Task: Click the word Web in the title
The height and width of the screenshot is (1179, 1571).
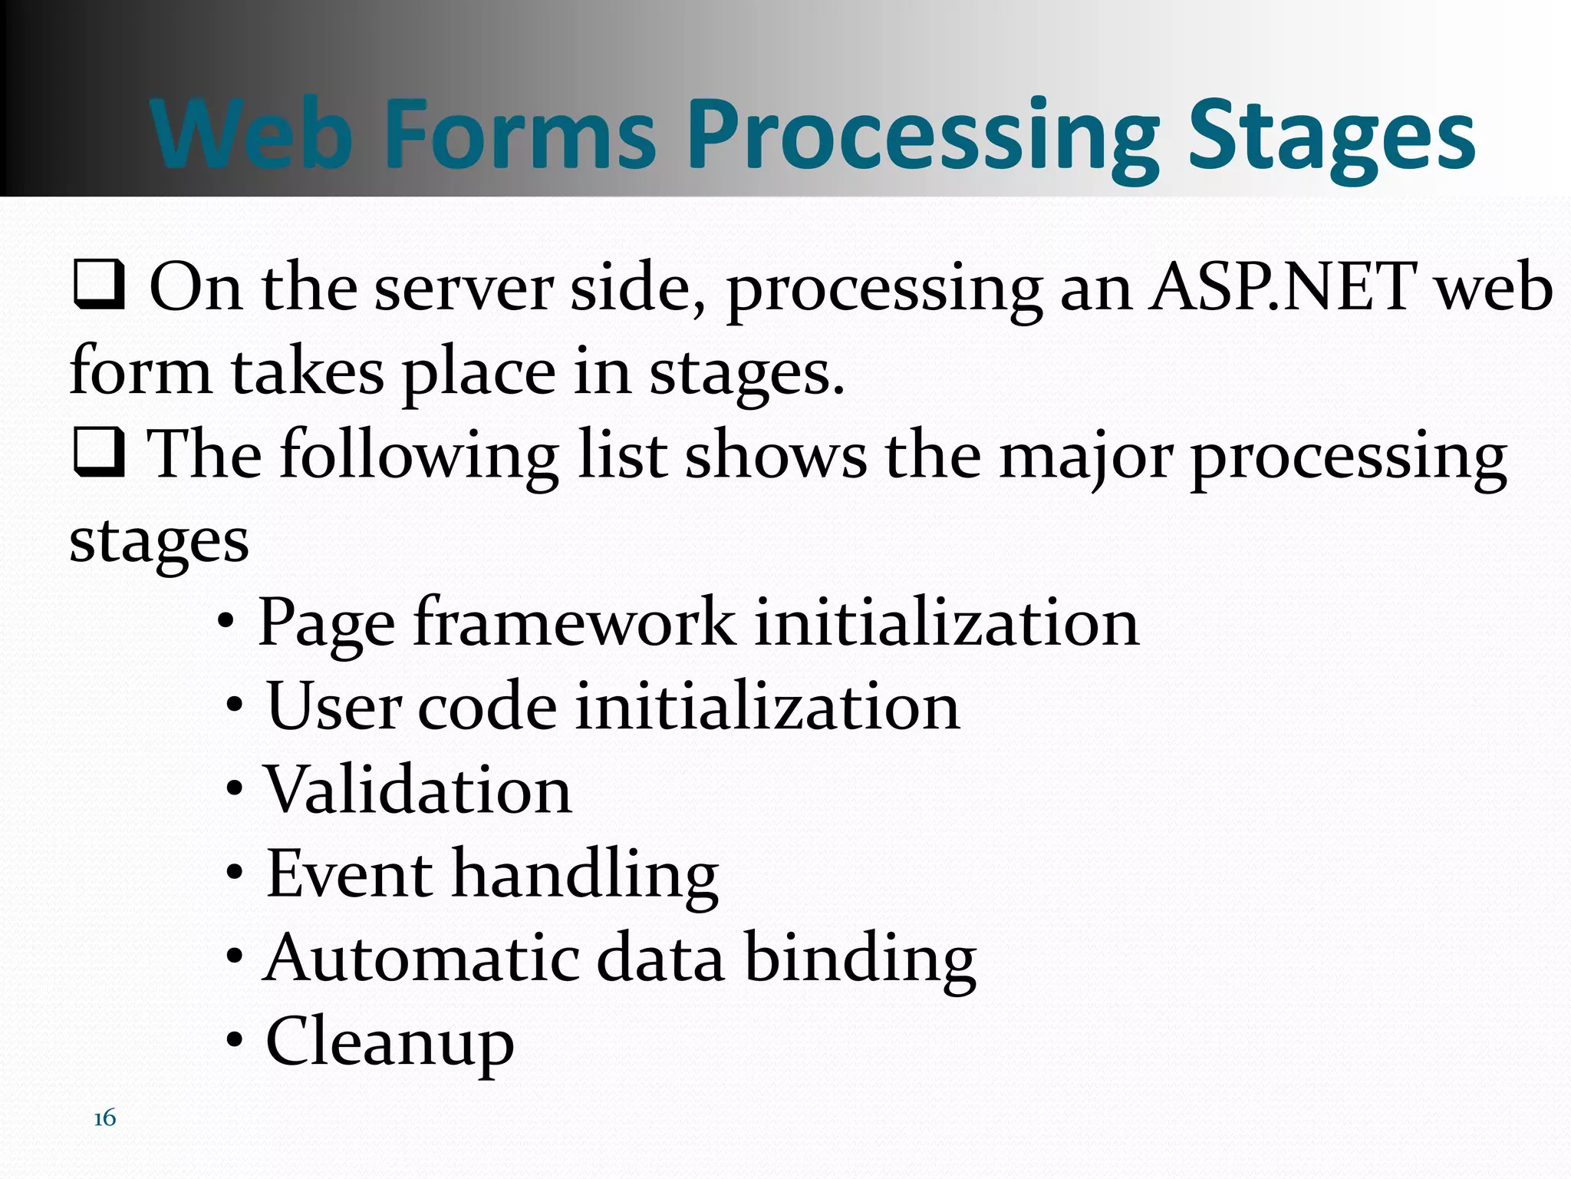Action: [x=249, y=134]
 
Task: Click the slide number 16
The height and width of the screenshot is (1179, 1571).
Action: [x=104, y=1118]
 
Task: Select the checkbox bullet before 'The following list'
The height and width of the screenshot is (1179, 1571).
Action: [x=98, y=453]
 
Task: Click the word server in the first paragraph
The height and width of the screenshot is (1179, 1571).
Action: [x=463, y=288]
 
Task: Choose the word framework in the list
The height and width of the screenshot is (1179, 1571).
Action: [x=575, y=622]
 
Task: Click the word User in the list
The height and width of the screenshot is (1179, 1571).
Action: [x=334, y=706]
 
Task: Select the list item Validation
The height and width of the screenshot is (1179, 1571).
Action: [x=418, y=790]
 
